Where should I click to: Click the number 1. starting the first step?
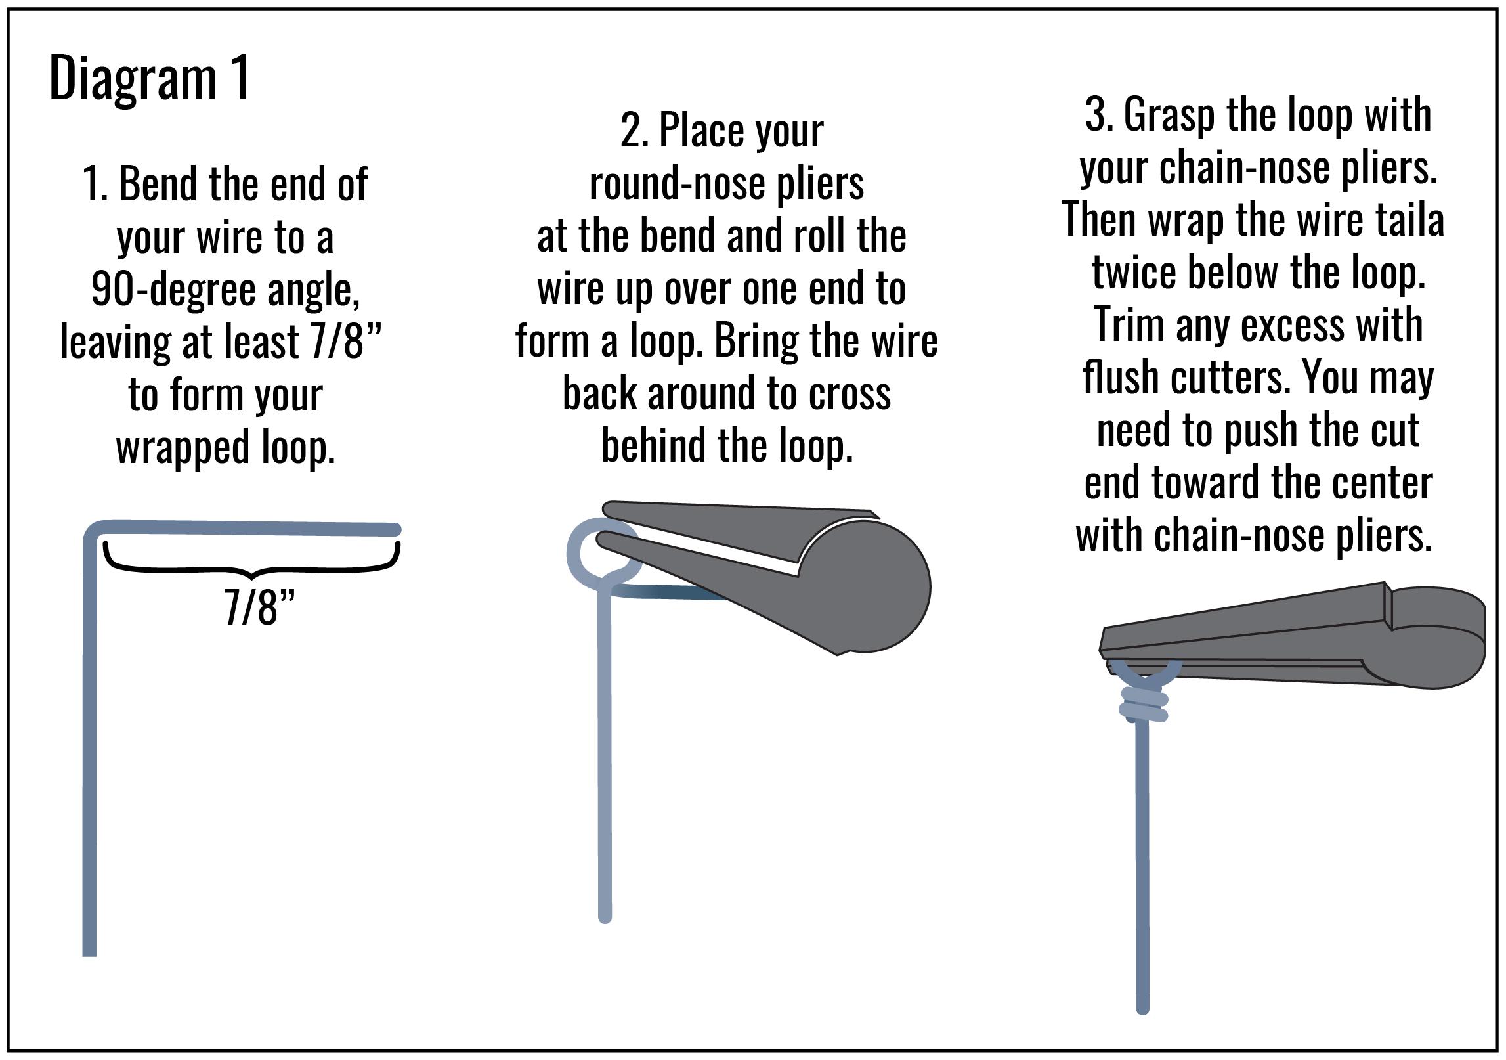96,184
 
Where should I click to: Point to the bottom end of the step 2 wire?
605,917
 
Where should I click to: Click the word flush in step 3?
1119,378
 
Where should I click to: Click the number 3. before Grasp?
1098,115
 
